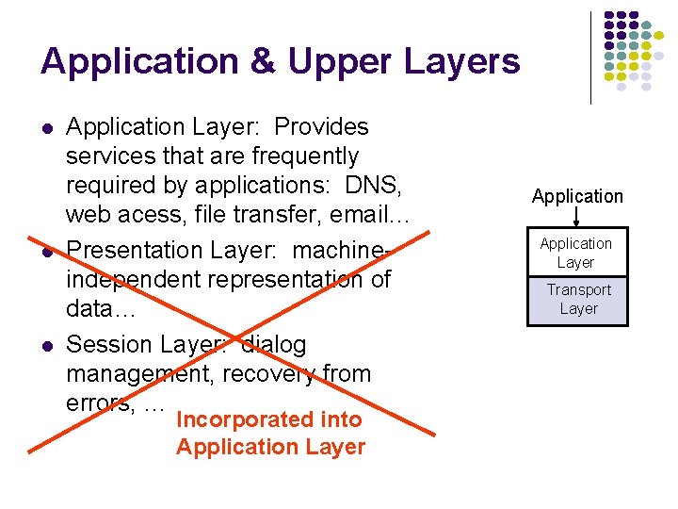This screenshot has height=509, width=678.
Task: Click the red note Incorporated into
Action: pos(268,419)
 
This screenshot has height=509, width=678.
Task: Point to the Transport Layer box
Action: pos(578,300)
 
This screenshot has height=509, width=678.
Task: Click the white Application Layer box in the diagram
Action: pos(576,253)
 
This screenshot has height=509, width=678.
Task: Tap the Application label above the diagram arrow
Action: pos(577,196)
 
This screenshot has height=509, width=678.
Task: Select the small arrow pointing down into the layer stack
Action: pos(577,219)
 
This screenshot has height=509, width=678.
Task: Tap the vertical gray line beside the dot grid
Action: pos(591,57)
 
